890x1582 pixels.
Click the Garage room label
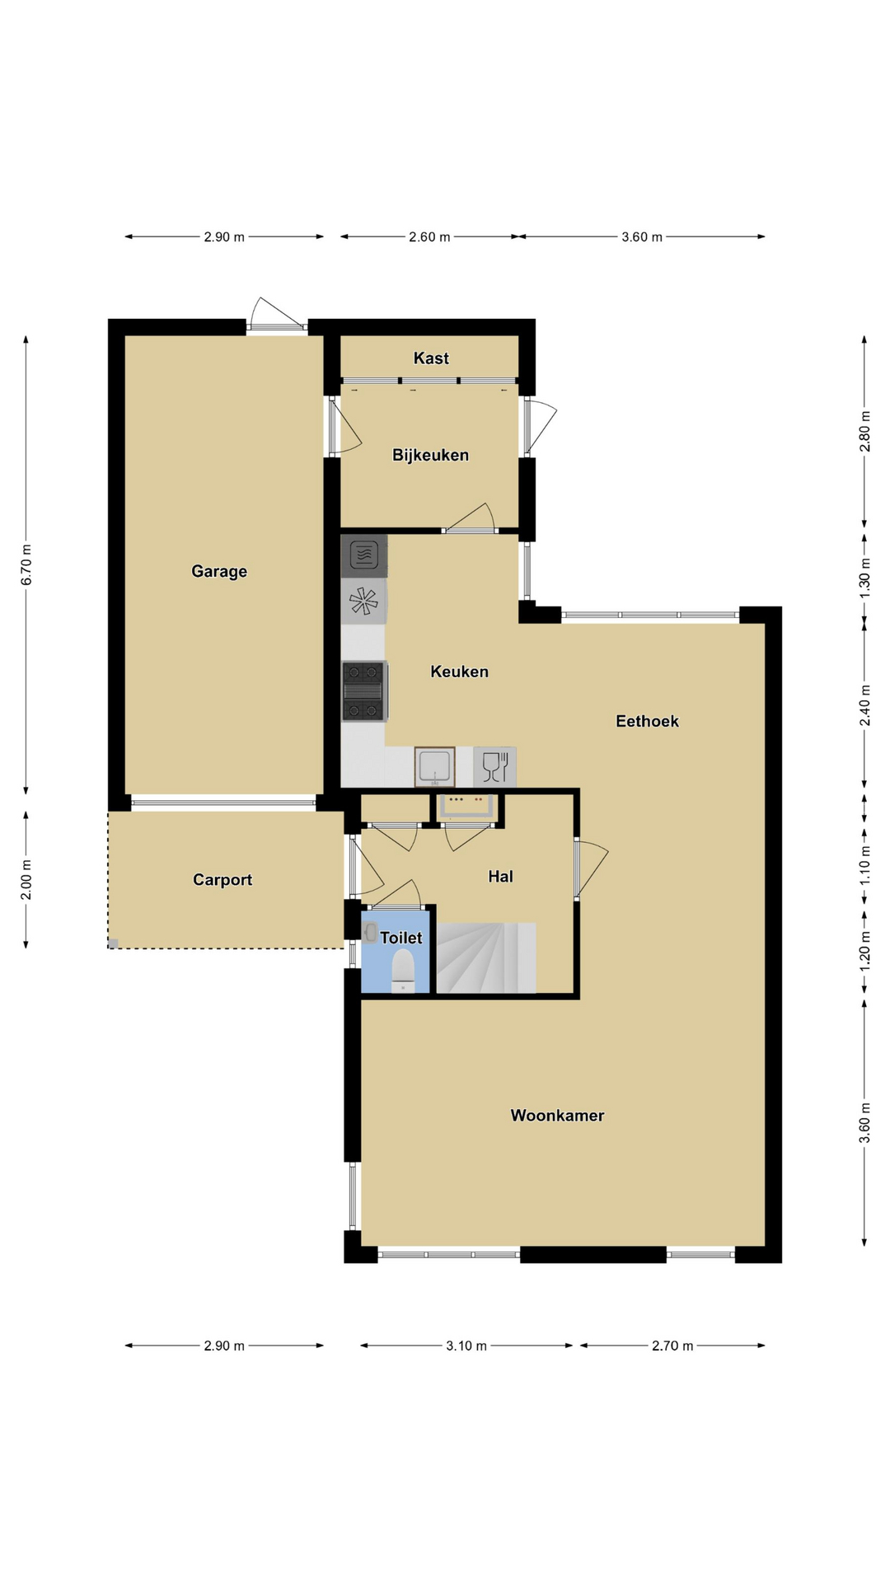219,571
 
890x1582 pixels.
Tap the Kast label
431,358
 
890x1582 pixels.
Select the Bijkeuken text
430,455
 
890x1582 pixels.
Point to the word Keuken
459,672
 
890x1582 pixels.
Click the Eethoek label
647,721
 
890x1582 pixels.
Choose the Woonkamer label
557,1116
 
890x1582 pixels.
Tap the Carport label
222,880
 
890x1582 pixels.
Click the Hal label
500,876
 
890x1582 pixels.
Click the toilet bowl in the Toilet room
403,970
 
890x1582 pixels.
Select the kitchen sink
434,767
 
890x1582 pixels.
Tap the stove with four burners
363,691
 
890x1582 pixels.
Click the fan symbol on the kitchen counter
363,600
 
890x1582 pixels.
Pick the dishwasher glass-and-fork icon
494,767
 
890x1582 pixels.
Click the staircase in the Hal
486,957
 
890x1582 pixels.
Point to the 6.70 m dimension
26,564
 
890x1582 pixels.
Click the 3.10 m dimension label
466,1346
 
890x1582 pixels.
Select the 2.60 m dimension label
429,237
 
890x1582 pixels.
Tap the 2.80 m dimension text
864,431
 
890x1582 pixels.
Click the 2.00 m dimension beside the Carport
26,880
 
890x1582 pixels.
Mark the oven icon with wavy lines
363,555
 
